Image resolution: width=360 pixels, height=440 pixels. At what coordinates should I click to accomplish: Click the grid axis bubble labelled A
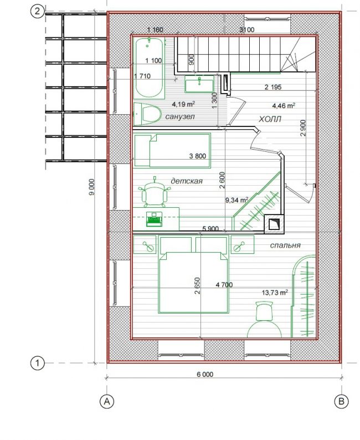pos(107,402)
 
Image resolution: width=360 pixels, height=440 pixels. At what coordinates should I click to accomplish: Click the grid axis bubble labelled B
pos(341,401)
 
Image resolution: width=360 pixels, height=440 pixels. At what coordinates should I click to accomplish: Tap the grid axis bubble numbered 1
pos(37,364)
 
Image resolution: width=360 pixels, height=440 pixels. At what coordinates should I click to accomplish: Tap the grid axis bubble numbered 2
pos(37,12)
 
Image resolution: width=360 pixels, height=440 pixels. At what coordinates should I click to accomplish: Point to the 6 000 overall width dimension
pos(205,375)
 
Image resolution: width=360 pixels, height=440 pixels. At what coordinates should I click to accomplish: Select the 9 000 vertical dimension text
pos(92,187)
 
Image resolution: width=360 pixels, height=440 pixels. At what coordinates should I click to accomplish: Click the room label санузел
pos(180,116)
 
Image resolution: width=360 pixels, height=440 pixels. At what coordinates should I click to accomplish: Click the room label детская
pos(187,181)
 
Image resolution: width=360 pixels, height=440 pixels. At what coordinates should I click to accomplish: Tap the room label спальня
pos(285,245)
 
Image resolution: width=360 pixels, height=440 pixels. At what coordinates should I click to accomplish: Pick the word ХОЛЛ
pos(270,119)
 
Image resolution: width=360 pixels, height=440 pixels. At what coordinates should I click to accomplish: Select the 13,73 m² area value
pos(275,293)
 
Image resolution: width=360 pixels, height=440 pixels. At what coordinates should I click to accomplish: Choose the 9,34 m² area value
pos(236,200)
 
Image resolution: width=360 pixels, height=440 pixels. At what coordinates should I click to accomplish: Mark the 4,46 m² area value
pos(284,105)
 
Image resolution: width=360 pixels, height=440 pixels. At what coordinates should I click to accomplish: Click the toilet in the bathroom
pos(147,114)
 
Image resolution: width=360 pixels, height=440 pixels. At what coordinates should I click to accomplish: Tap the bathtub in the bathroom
pos(149,68)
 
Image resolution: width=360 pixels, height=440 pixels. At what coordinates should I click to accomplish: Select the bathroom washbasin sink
pos(199,84)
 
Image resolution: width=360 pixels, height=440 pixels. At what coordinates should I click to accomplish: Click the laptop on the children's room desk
pos(154,219)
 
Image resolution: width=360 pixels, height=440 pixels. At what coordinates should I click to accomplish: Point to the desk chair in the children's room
pos(155,193)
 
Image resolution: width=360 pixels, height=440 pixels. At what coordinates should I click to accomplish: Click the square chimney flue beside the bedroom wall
pos(274,224)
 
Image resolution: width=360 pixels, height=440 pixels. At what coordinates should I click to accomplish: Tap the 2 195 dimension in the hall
pos(273,87)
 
